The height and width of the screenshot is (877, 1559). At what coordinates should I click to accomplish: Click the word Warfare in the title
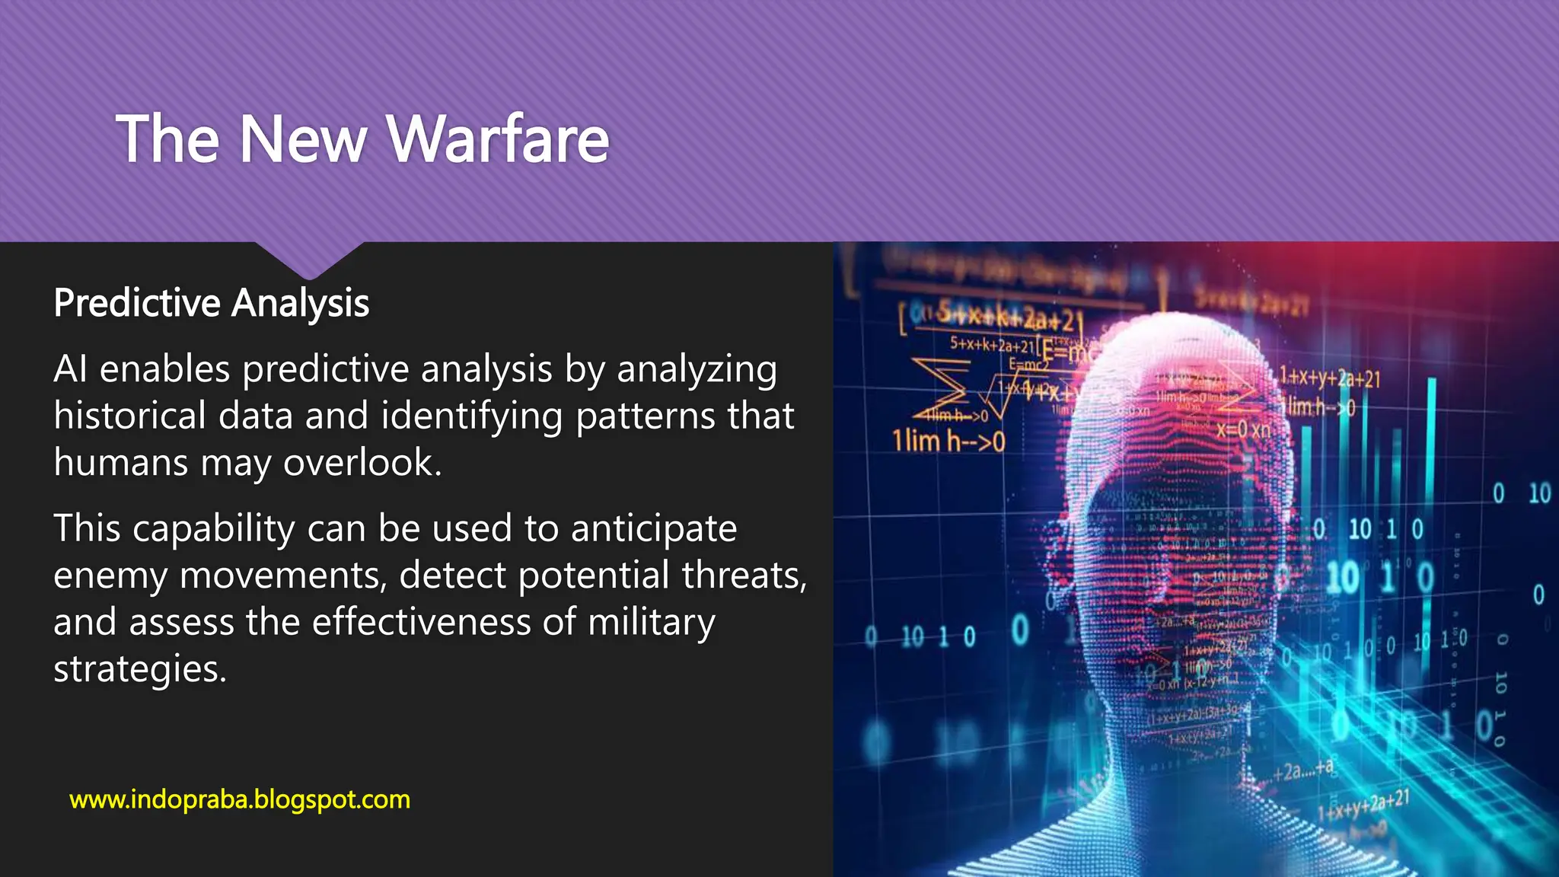point(499,139)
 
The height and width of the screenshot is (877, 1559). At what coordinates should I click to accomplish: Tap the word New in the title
point(303,139)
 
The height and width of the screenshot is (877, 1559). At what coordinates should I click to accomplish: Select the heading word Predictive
point(137,303)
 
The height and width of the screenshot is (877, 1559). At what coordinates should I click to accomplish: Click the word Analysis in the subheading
point(301,303)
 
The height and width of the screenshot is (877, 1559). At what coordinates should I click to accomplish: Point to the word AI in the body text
point(70,369)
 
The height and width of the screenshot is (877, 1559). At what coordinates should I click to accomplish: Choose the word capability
point(214,528)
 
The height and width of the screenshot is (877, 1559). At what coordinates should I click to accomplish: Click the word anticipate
point(654,528)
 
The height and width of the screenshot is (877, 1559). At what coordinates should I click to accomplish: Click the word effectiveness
point(422,622)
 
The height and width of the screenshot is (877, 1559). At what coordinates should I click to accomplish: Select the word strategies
point(140,669)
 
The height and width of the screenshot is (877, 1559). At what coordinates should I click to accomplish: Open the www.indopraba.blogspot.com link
point(240,799)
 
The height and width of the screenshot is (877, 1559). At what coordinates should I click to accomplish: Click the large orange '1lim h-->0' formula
point(948,441)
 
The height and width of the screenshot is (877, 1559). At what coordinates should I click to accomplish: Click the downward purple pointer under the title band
point(309,260)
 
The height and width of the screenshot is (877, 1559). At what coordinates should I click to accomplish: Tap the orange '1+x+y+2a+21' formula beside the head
point(1329,378)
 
